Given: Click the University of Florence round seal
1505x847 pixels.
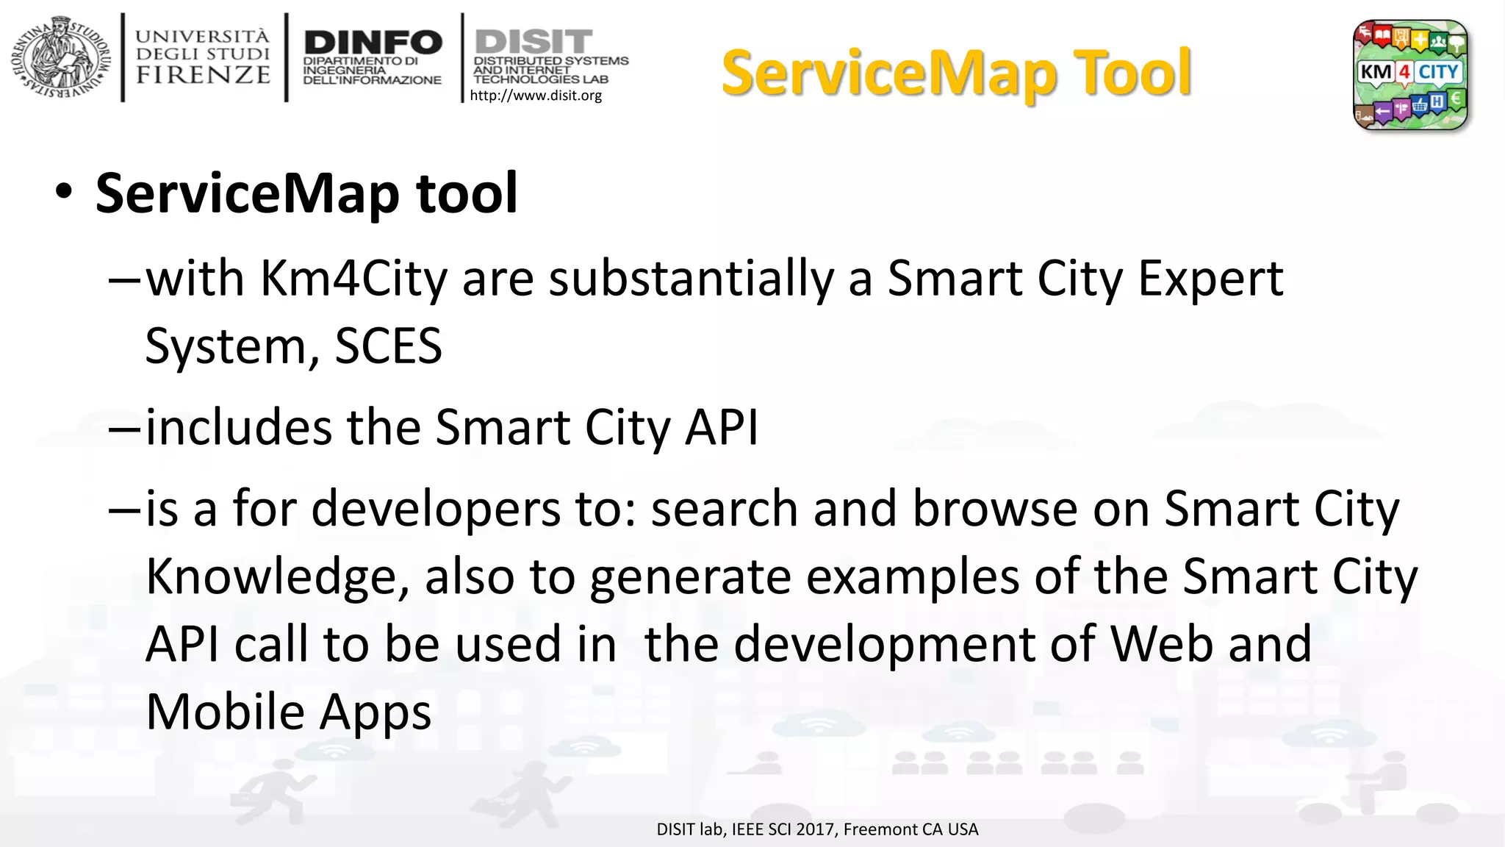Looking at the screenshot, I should pyautogui.click(x=60, y=58).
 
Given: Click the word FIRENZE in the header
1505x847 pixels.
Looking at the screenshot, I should pyautogui.click(x=203, y=75).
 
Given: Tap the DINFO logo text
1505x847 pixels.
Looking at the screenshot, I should pyautogui.click(x=373, y=42).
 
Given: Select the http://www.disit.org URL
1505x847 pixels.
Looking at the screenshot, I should pyautogui.click(x=536, y=96).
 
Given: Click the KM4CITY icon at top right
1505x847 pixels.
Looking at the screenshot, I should pyautogui.click(x=1410, y=74).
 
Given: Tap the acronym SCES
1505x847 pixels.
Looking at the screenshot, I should pyautogui.click(x=388, y=346).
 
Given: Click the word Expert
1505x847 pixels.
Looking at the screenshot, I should pyautogui.click(x=1210, y=279).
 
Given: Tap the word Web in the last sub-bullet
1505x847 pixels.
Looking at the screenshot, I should pyautogui.click(x=1161, y=644).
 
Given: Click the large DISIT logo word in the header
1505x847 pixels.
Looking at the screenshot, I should pyautogui.click(x=534, y=40).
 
